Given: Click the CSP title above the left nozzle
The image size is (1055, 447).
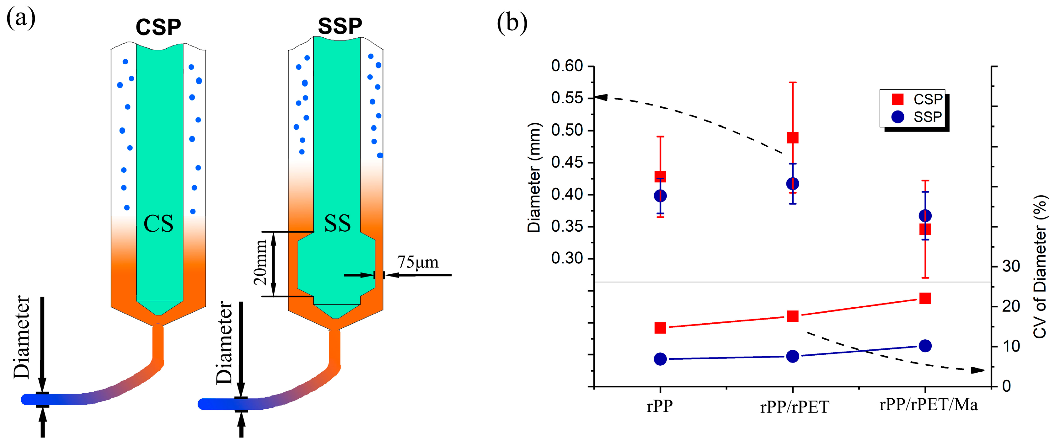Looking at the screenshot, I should coord(158,27).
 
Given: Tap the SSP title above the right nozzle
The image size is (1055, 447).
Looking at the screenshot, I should coord(340,26).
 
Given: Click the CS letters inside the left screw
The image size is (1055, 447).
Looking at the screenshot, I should coord(158,224).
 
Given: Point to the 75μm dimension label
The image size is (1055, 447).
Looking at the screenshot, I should coord(417,262).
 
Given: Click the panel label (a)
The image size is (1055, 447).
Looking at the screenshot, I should coord(21,19).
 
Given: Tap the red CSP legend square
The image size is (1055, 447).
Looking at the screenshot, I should coord(897,100).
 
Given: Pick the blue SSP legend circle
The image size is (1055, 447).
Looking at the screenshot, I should coord(897,117).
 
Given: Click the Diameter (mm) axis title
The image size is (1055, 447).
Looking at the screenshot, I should coord(534,177).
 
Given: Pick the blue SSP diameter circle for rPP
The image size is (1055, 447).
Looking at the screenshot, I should coord(660,196).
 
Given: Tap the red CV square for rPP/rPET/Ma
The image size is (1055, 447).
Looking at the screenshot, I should coord(925,298).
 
